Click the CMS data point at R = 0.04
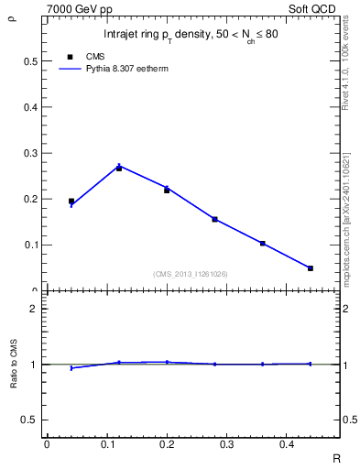pos(71,201)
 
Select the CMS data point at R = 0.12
pos(119,169)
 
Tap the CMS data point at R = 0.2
pos(167,191)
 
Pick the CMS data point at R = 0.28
pos(214,219)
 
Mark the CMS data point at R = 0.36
pos(262,244)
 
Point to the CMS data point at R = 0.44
pos(311,268)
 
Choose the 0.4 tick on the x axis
pos(286,444)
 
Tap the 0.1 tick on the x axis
pos(106,444)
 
